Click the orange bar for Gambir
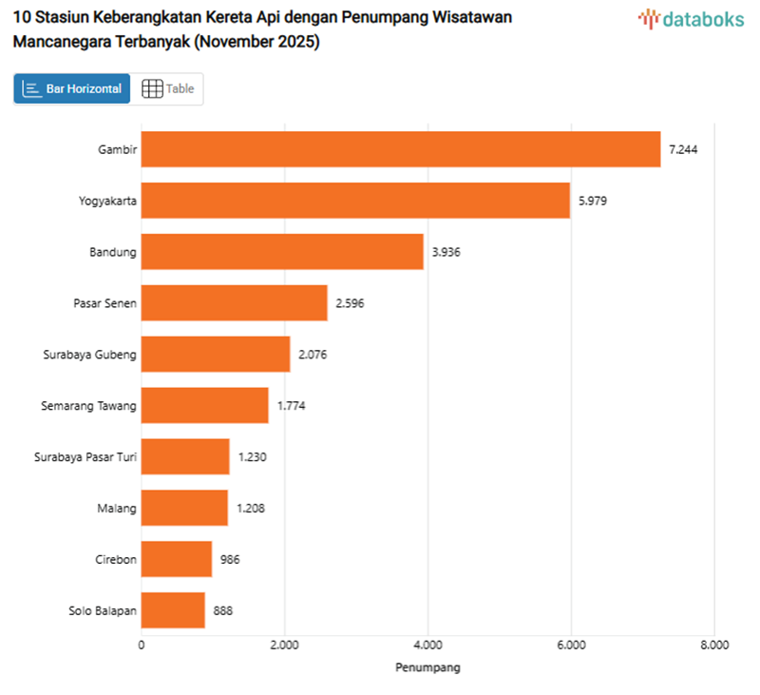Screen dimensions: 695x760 (x=400, y=149)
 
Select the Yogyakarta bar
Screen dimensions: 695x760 (x=355, y=201)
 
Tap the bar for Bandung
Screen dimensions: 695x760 (x=282, y=252)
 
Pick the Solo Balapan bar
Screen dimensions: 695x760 (x=173, y=610)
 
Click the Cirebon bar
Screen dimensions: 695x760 (x=177, y=559)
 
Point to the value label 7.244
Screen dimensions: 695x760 (x=684, y=149)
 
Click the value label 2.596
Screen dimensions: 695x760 (x=350, y=303)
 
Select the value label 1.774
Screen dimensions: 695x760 (x=292, y=406)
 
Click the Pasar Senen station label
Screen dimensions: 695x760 (x=104, y=303)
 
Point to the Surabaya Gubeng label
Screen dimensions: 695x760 (x=89, y=355)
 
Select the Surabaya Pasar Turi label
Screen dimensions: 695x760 (x=85, y=457)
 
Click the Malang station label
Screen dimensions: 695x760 (x=118, y=509)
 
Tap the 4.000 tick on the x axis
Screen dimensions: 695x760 (x=427, y=646)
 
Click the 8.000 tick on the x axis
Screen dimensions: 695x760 (x=713, y=646)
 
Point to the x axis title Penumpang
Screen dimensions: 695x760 (x=427, y=667)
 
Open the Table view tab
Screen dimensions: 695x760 (x=167, y=88)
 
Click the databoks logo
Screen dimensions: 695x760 (x=691, y=18)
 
